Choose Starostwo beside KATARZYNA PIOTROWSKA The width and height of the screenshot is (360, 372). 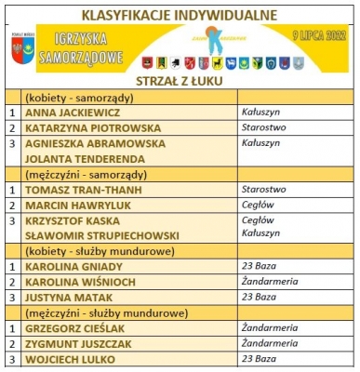point(261,127)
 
